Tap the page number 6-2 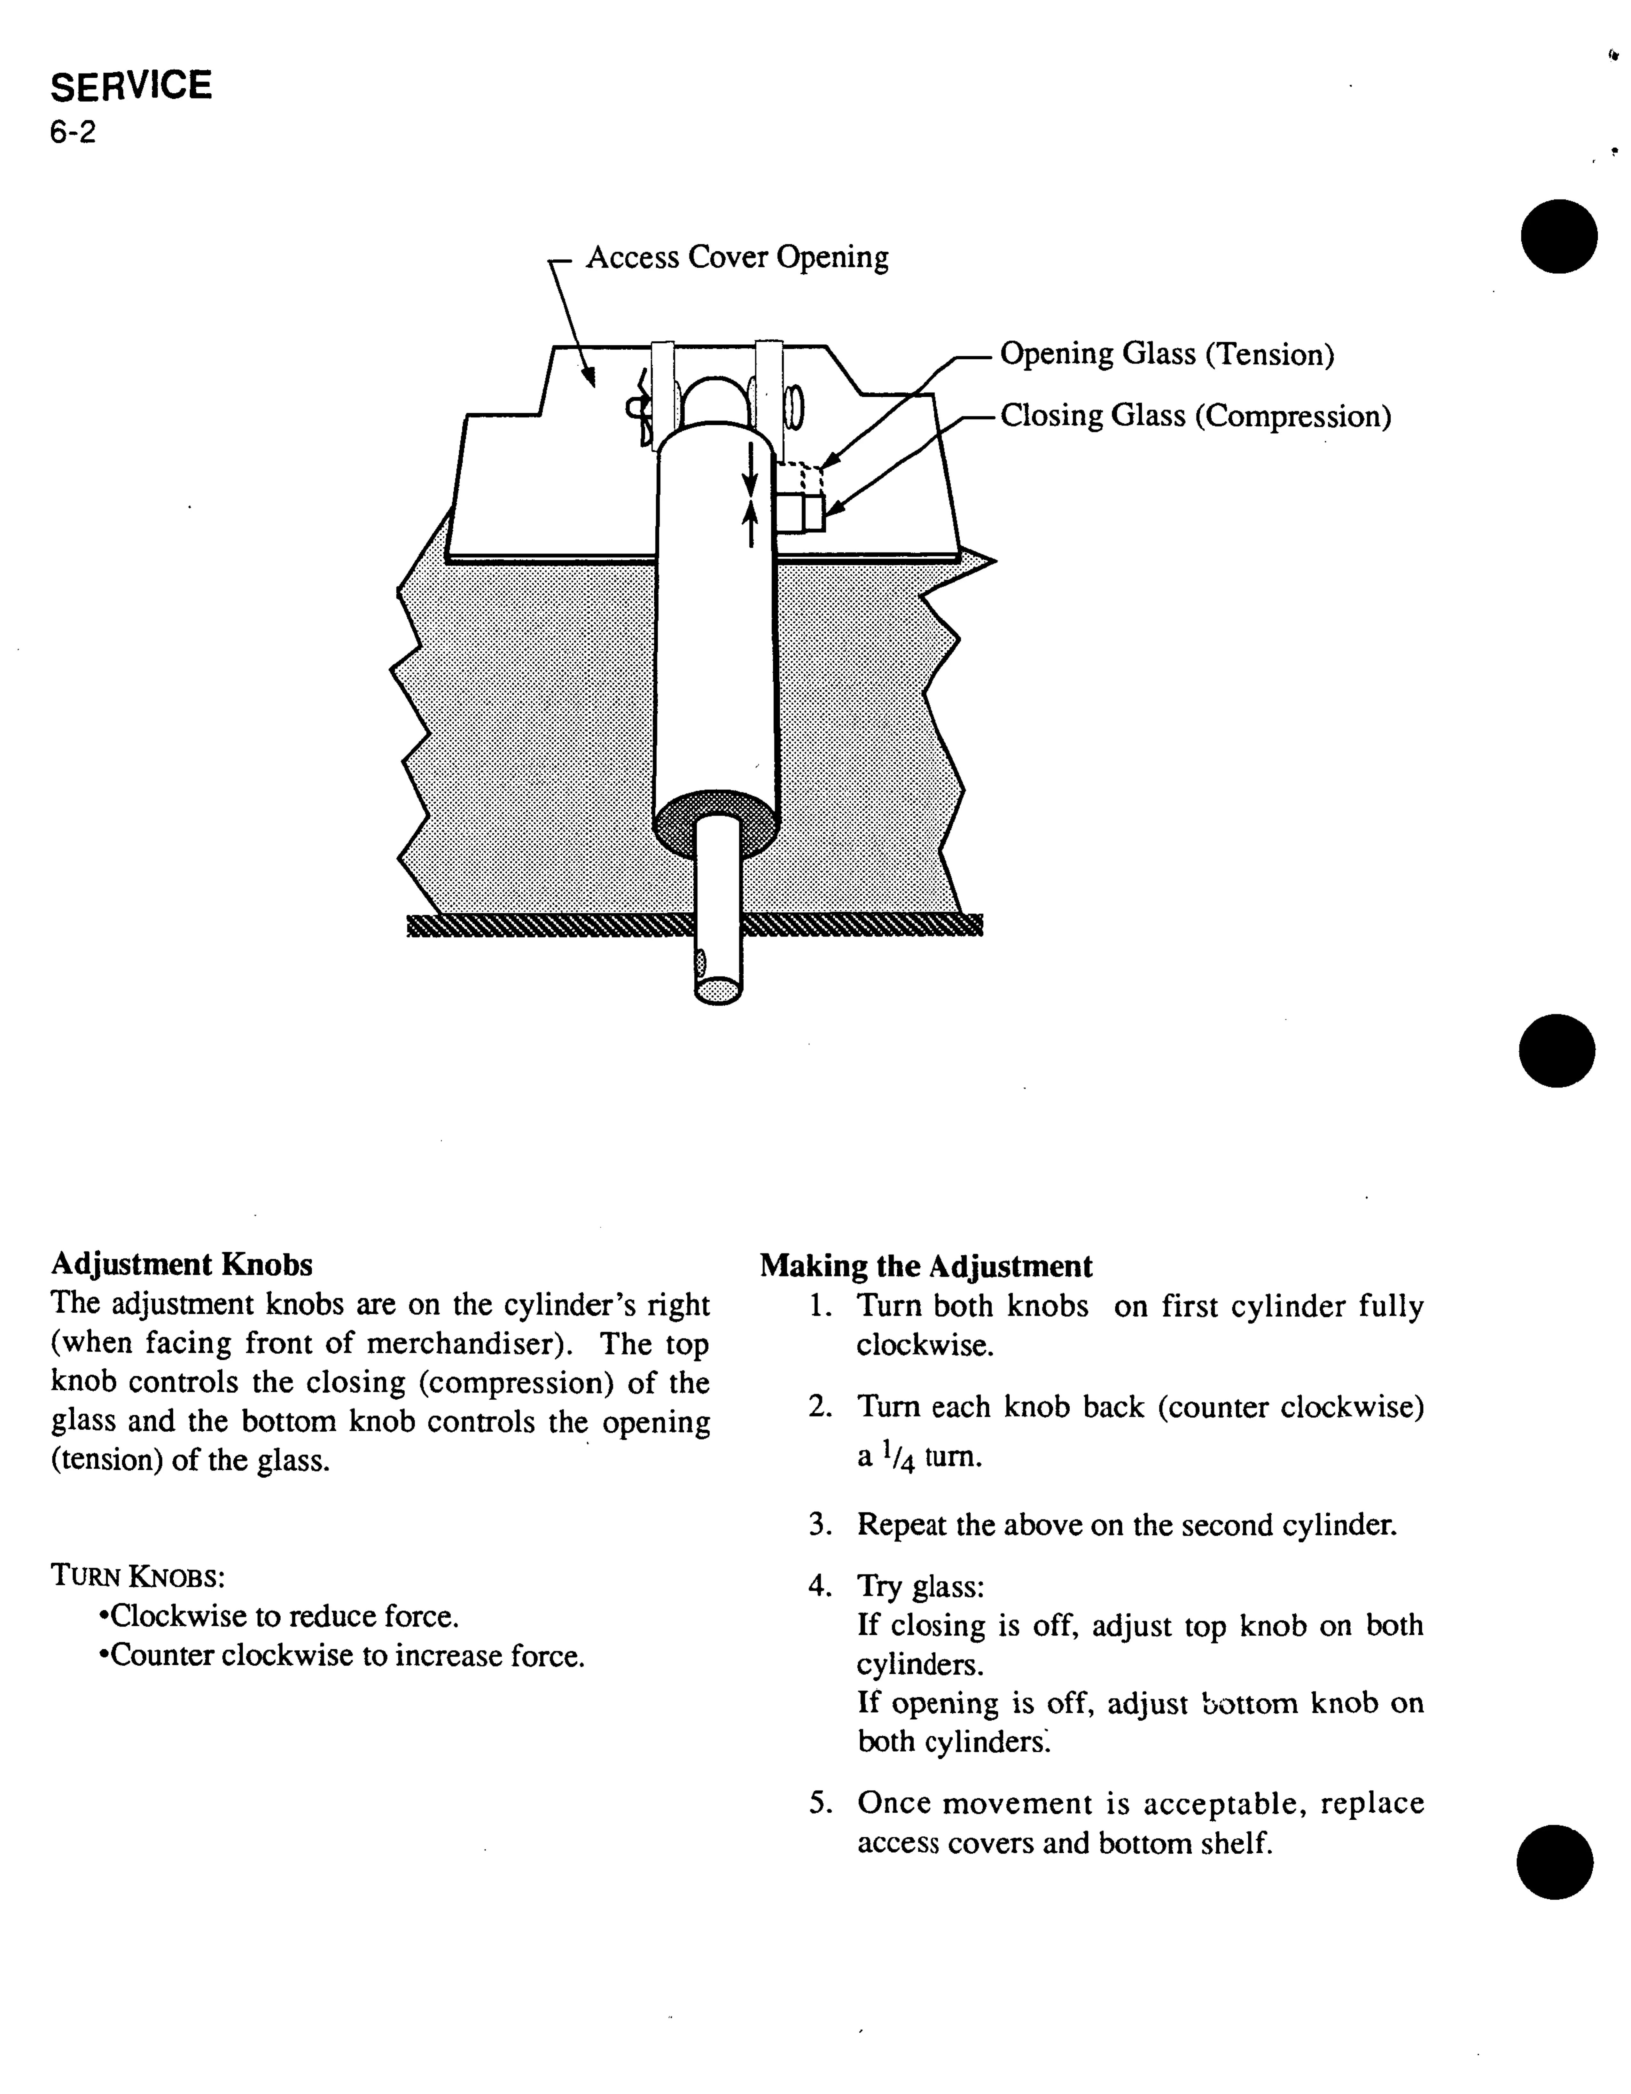tap(73, 132)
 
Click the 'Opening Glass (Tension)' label tap(1166, 355)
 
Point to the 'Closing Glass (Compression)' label tap(1195, 416)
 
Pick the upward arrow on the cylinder tap(751, 523)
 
